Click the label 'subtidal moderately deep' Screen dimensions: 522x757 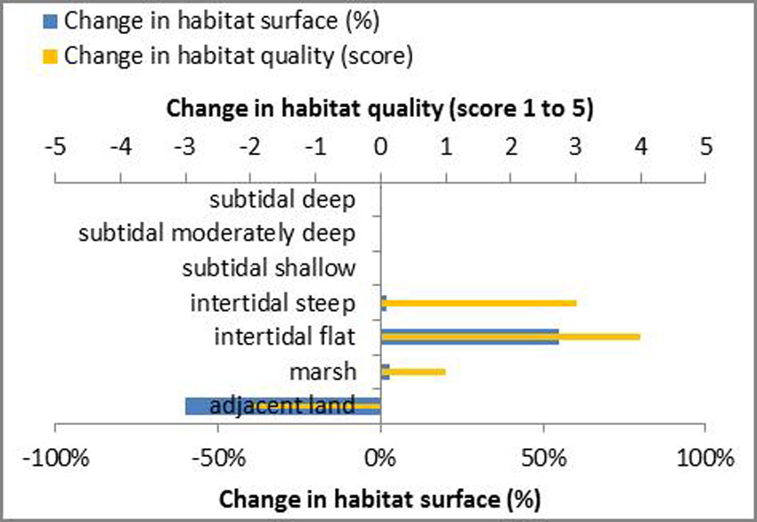[217, 234]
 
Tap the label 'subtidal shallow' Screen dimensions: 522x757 [268, 268]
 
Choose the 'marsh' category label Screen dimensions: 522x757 [322, 371]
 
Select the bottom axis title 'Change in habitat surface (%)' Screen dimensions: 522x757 [379, 496]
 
